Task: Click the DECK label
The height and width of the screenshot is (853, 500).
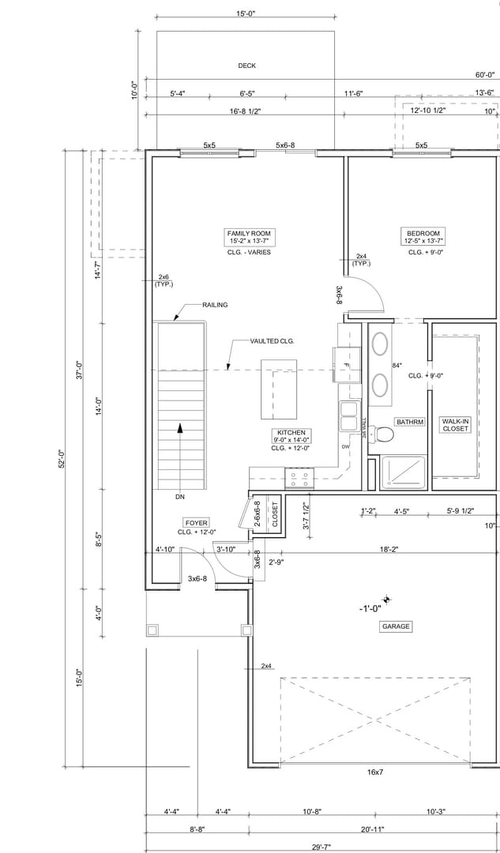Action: [246, 66]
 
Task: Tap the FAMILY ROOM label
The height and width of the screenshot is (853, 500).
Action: [249, 234]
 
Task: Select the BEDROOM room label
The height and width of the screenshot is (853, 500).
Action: [423, 234]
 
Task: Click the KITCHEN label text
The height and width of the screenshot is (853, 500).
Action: [291, 433]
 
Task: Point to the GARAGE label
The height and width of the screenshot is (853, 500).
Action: [396, 626]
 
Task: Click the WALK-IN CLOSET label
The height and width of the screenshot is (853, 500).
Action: [455, 425]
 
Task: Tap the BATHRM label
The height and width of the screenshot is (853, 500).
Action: [410, 422]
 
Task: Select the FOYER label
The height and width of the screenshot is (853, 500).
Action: [196, 523]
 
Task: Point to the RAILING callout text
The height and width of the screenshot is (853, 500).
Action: [215, 305]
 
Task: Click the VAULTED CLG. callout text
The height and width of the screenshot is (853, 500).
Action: [272, 341]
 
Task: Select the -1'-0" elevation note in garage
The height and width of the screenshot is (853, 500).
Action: [370, 608]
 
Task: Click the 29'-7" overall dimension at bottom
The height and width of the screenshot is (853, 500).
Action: [321, 847]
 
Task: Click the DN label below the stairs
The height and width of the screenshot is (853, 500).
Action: [180, 498]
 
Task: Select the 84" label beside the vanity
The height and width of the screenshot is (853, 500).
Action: [397, 366]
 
